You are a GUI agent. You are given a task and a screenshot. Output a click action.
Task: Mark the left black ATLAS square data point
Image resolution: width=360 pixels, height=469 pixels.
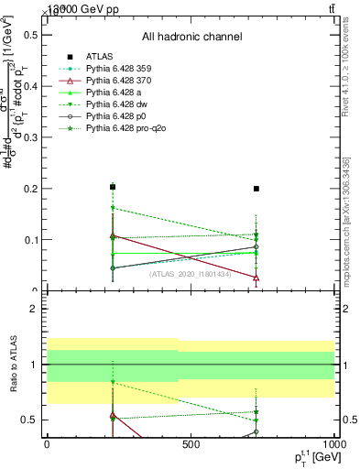[112, 187]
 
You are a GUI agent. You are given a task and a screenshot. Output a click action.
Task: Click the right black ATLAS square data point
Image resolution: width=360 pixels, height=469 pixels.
[256, 189]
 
